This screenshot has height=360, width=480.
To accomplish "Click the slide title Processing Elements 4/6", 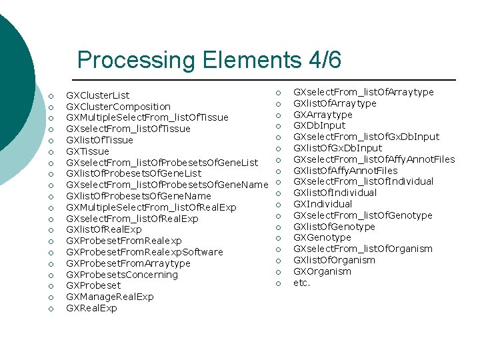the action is pyautogui.click(x=209, y=60).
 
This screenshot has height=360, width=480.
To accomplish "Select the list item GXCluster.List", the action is pyautogui.click(x=98, y=95).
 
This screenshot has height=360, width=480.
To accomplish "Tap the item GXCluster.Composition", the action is pyautogui.click(x=119, y=107).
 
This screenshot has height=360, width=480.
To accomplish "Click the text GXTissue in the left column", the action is pyautogui.click(x=88, y=151).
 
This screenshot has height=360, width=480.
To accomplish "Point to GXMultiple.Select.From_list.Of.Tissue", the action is pyautogui.click(x=147, y=117).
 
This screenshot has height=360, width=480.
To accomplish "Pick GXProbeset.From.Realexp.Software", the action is pyautogui.click(x=145, y=252).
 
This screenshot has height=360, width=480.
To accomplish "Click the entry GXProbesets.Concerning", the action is pyautogui.click(x=122, y=275).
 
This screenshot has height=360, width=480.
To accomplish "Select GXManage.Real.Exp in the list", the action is pyautogui.click(x=110, y=297).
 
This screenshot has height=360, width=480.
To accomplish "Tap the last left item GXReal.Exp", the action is pyautogui.click(x=92, y=308).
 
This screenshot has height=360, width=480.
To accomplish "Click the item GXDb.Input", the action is pyautogui.click(x=319, y=125).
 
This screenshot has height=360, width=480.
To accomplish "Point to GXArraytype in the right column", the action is pyautogui.click(x=323, y=115).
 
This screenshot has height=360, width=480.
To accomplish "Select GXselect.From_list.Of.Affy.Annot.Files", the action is pyautogui.click(x=374, y=159).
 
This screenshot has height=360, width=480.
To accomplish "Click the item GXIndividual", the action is pyautogui.click(x=323, y=204).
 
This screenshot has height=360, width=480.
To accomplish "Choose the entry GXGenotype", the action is pyautogui.click(x=322, y=237).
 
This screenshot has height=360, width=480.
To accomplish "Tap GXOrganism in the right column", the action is pyautogui.click(x=323, y=271).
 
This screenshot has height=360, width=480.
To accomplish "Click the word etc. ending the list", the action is pyautogui.click(x=302, y=283).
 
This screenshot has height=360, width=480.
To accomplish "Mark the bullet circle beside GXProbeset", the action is pyautogui.click(x=51, y=286).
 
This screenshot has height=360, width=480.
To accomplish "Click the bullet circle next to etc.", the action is pyautogui.click(x=279, y=283).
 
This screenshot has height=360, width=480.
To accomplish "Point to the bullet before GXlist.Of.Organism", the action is pyautogui.click(x=279, y=260).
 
